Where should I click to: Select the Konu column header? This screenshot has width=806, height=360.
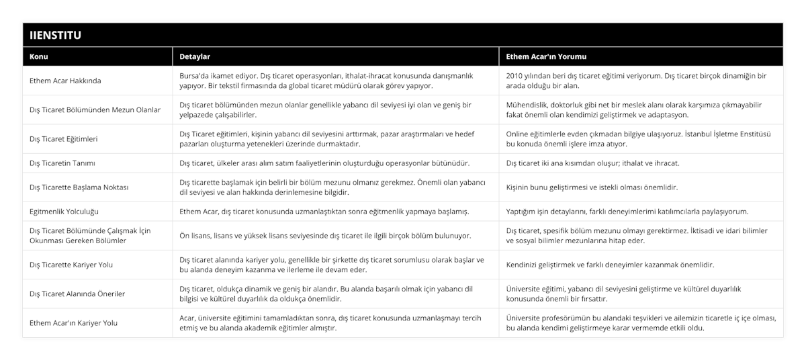(39, 56)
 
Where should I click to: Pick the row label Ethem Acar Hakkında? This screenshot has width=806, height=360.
(65, 81)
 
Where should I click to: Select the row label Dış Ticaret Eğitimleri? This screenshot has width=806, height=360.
(64, 139)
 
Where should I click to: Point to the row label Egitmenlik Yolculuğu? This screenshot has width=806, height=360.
(64, 212)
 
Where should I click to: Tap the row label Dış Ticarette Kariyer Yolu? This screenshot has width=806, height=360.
(71, 265)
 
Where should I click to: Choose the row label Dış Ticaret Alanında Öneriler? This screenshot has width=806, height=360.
(77, 294)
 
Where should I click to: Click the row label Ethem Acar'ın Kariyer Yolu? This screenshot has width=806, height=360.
(73, 323)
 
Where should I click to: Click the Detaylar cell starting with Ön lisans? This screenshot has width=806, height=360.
(325, 236)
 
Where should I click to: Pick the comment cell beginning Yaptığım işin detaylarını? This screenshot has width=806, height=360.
(627, 212)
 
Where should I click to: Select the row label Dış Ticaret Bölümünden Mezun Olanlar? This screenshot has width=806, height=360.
(95, 109)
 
